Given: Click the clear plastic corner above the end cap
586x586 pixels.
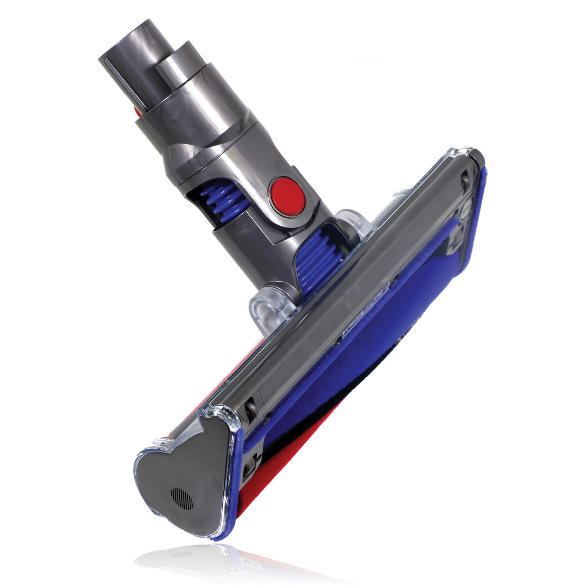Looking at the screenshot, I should (220, 418).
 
